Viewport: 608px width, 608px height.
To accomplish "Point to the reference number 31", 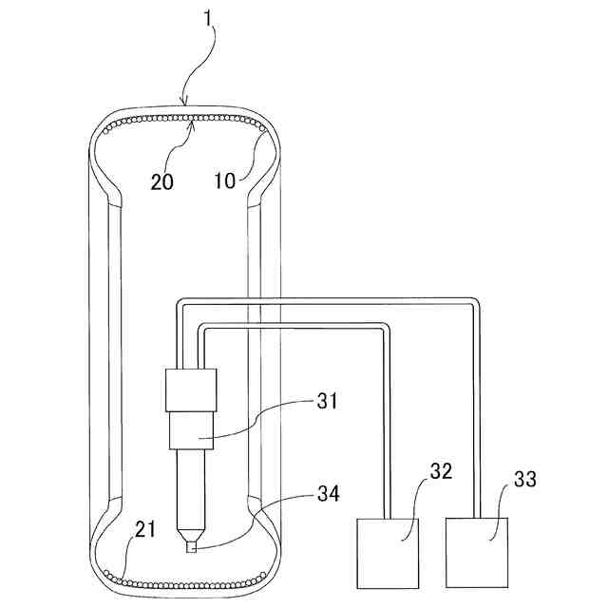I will (326, 401).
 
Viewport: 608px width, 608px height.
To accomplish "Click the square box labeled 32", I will (388, 552).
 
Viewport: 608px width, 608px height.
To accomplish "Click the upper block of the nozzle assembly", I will (192, 389).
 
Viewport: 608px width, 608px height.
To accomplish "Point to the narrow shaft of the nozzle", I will (192, 489).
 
